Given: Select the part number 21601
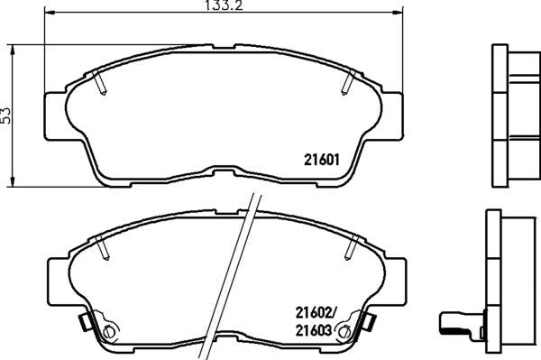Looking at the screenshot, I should point(318,162).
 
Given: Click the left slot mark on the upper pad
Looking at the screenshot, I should point(101,85).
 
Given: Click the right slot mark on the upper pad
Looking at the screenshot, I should point(345,84).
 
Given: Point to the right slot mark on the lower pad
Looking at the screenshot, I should point(351,244).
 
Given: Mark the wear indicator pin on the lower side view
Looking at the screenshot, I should point(456,321).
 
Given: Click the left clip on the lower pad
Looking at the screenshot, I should point(86,321).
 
